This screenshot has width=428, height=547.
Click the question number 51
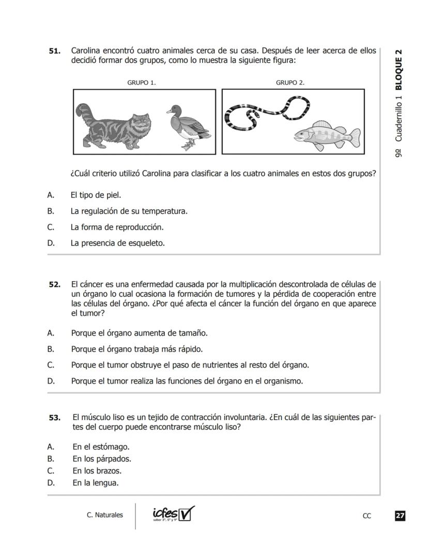coord(54,51)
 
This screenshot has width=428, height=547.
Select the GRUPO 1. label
coord(142,83)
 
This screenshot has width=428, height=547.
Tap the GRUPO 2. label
coord(290,83)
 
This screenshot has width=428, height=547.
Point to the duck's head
coord(175,110)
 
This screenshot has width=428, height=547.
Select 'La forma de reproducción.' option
coord(117,227)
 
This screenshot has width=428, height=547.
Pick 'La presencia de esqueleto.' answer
coord(117,243)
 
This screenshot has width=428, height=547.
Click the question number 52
coord(54,284)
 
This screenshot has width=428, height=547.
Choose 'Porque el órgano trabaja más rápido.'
coord(136,349)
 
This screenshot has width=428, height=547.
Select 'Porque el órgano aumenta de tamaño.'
coord(139,333)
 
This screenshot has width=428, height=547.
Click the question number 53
coord(54,417)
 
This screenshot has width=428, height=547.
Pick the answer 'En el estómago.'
coord(101,446)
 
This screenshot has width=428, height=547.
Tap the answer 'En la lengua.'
coord(96,483)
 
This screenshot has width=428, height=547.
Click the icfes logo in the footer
coord(173,514)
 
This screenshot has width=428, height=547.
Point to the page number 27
coord(400,516)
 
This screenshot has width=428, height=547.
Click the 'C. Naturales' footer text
coord(105,515)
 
